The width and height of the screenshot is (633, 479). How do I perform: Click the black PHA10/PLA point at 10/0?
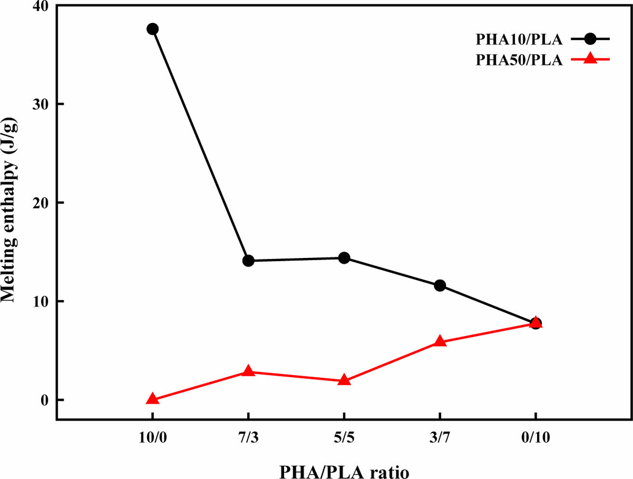tap(152, 29)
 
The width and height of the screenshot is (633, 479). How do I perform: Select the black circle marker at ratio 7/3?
tap(248, 260)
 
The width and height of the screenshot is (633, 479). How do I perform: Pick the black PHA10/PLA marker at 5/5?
tap(344, 258)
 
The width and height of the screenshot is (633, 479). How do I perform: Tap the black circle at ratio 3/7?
tap(440, 285)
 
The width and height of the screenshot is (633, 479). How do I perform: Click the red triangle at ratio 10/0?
tap(152, 399)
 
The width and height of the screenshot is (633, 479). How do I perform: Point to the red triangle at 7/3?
tap(248, 371)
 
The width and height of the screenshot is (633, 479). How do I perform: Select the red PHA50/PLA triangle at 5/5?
tap(344, 380)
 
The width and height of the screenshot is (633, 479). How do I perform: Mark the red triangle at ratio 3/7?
tap(440, 341)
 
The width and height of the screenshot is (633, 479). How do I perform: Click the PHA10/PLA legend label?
tap(519, 39)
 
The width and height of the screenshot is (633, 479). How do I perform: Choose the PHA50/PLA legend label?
tap(519, 60)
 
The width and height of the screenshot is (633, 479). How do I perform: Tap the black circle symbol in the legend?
tap(590, 39)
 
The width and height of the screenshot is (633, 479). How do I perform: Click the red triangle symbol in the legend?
tap(590, 59)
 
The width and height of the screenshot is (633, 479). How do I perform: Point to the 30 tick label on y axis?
tap(41, 104)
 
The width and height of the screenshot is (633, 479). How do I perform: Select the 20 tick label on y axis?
tap(41, 203)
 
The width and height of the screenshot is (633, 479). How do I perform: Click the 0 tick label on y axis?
tap(45, 400)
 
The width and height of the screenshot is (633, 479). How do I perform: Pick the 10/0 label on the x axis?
tap(152, 437)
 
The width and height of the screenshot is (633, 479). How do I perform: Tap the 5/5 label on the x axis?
tap(344, 437)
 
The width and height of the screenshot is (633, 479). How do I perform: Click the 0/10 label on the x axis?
tap(536, 437)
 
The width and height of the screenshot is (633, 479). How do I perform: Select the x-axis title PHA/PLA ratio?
tap(344, 471)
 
